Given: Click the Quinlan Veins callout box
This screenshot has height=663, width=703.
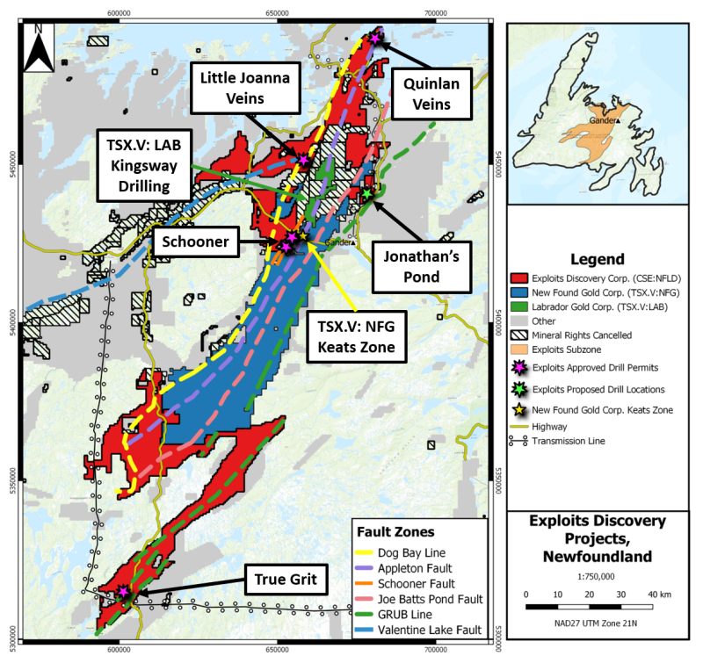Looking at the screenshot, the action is (x=431, y=94).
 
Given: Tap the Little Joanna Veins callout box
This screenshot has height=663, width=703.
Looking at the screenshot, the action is (x=245, y=88).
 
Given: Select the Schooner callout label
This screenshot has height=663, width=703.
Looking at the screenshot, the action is (x=195, y=241).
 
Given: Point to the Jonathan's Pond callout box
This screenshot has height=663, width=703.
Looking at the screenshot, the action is (x=422, y=267).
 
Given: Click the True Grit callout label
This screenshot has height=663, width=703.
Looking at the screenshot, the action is (x=286, y=580).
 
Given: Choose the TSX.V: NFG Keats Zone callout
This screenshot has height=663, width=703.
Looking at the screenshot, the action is (x=357, y=337).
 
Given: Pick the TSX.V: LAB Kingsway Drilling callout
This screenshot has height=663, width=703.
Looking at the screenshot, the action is (x=144, y=165).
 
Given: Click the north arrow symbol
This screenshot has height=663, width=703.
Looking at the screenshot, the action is (x=39, y=48).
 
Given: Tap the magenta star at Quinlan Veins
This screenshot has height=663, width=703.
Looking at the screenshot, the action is (x=375, y=38).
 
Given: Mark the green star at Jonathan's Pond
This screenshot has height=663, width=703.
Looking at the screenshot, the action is (x=367, y=194).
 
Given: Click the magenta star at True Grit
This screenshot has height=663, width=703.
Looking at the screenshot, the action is (x=123, y=591).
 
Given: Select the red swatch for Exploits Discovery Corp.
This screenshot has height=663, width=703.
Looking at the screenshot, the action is (x=519, y=278).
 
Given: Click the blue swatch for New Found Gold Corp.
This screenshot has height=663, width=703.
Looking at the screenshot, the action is (x=519, y=292).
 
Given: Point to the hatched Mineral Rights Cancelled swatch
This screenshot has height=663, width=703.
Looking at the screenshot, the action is (x=519, y=335).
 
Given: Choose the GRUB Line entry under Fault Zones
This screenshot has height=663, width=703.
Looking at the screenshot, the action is (x=405, y=615).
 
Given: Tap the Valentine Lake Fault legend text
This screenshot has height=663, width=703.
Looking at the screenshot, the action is (x=430, y=630).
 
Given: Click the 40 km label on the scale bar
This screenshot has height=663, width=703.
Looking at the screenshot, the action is (x=660, y=595).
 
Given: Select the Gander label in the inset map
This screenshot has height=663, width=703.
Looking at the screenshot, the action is (x=603, y=120).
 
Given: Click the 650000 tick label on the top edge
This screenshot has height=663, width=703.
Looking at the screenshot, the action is (x=277, y=13).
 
